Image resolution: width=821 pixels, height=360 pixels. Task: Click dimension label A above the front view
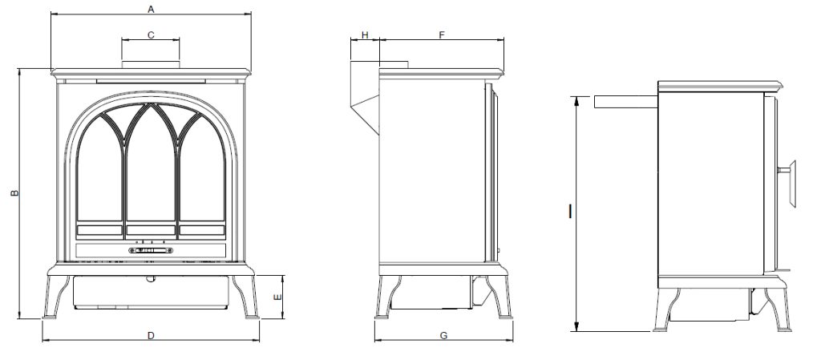click(151, 8)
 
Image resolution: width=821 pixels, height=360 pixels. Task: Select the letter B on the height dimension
click(13, 194)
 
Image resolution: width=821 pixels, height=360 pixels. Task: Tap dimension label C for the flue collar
click(151, 34)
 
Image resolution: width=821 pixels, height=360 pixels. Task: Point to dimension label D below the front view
click(151, 335)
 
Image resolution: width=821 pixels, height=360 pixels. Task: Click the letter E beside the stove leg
click(277, 297)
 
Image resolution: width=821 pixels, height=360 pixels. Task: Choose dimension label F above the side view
click(442, 34)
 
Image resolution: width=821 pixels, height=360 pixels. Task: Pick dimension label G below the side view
click(443, 335)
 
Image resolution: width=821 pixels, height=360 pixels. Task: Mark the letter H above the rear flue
click(365, 34)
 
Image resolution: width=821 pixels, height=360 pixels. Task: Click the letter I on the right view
click(569, 211)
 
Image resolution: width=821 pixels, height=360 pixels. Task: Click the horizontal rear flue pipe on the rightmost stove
click(625, 102)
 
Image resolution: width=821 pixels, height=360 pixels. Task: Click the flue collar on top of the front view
click(151, 63)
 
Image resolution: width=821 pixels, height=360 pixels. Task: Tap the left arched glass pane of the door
click(99, 172)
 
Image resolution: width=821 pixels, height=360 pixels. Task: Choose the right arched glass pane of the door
click(202, 172)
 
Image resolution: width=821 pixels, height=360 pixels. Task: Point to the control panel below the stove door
click(151, 251)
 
